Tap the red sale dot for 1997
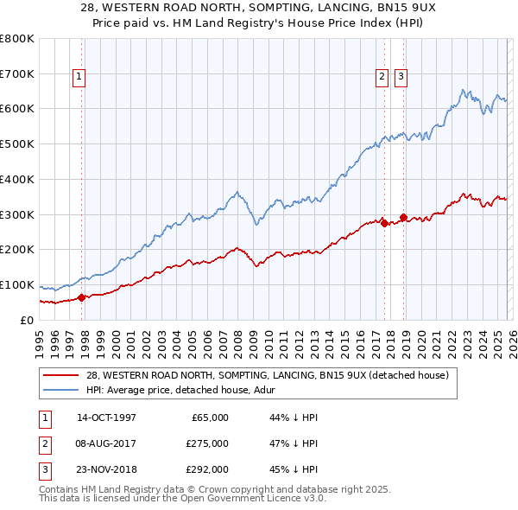pyautogui.click(x=82, y=297)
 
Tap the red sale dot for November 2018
pyautogui.click(x=403, y=217)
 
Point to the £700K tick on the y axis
pyautogui.click(x=17, y=74)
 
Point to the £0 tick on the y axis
pyautogui.click(x=28, y=320)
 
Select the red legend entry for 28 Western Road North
pyautogui.click(x=267, y=376)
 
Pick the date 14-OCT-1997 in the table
pyautogui.click(x=106, y=418)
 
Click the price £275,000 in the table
pyautogui.click(x=207, y=443)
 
